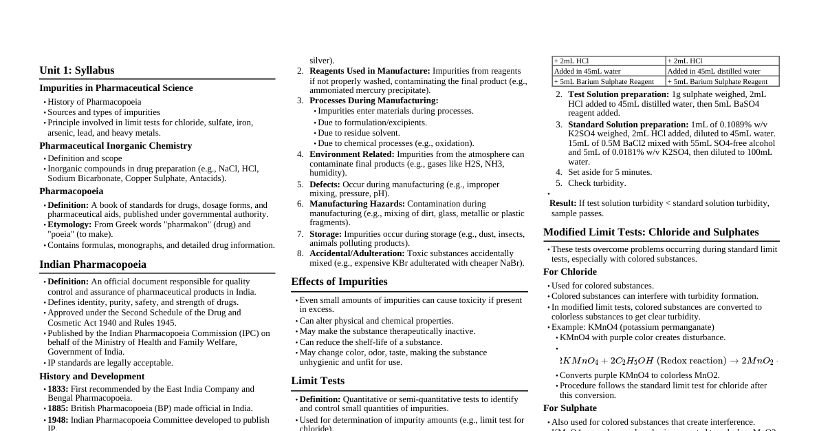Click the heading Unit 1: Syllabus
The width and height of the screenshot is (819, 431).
[x=77, y=70]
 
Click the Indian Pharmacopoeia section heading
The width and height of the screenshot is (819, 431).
[x=93, y=264]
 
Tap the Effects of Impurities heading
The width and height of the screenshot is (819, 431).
[x=339, y=282]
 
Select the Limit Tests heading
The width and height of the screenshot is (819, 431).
[x=318, y=381]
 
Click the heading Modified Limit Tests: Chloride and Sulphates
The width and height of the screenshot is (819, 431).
[x=651, y=232]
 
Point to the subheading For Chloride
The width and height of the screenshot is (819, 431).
[x=569, y=272]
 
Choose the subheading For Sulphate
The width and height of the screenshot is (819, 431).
[x=569, y=408]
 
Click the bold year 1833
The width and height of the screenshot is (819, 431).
[x=58, y=389]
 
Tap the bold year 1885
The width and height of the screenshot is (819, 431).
[x=58, y=408]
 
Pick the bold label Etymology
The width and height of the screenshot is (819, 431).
[x=69, y=224]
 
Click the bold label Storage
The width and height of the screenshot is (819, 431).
[x=325, y=234]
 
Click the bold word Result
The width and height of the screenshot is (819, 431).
[x=563, y=203]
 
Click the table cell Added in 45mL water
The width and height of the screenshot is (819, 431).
[x=587, y=71]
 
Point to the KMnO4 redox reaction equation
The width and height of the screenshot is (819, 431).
[x=667, y=361]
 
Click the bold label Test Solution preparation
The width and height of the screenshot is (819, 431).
[x=618, y=94]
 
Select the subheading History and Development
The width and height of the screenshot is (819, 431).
[x=91, y=377]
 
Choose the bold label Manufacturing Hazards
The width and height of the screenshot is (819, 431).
[x=357, y=204]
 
